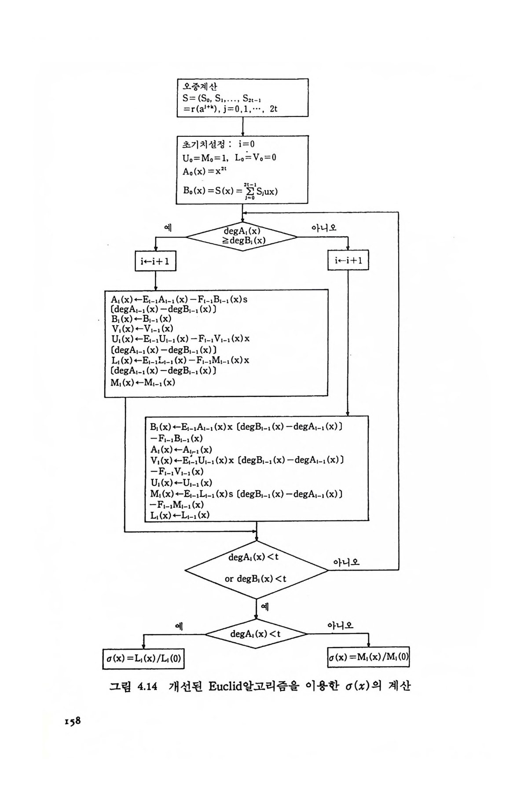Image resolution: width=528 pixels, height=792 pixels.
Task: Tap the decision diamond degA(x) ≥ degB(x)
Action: (242, 237)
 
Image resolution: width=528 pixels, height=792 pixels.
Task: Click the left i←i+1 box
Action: (155, 261)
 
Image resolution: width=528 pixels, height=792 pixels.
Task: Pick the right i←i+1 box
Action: (348, 261)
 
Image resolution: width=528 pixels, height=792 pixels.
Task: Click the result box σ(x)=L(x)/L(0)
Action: (143, 658)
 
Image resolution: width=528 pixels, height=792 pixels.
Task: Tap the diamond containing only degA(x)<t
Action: (256, 634)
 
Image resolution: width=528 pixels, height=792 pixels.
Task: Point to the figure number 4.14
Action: (147, 687)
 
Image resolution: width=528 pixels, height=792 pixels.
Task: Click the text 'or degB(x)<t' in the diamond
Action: (255, 579)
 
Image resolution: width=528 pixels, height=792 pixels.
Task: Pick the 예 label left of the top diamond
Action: (168, 227)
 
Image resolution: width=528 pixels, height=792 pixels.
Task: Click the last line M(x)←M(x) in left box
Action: (143, 382)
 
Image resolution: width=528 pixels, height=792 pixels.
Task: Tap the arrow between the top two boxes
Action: (243, 126)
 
